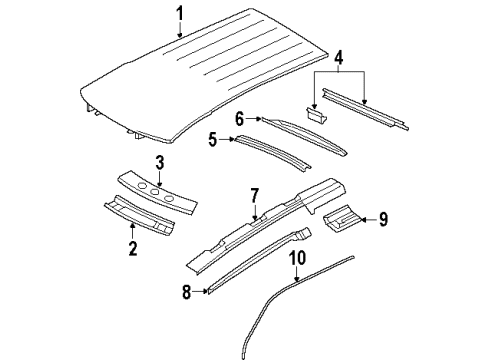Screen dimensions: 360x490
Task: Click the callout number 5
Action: click(211, 139)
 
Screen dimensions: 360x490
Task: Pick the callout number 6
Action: click(240, 118)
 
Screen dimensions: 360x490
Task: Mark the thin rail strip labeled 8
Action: click(260, 264)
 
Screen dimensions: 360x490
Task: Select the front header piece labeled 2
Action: click(145, 218)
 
